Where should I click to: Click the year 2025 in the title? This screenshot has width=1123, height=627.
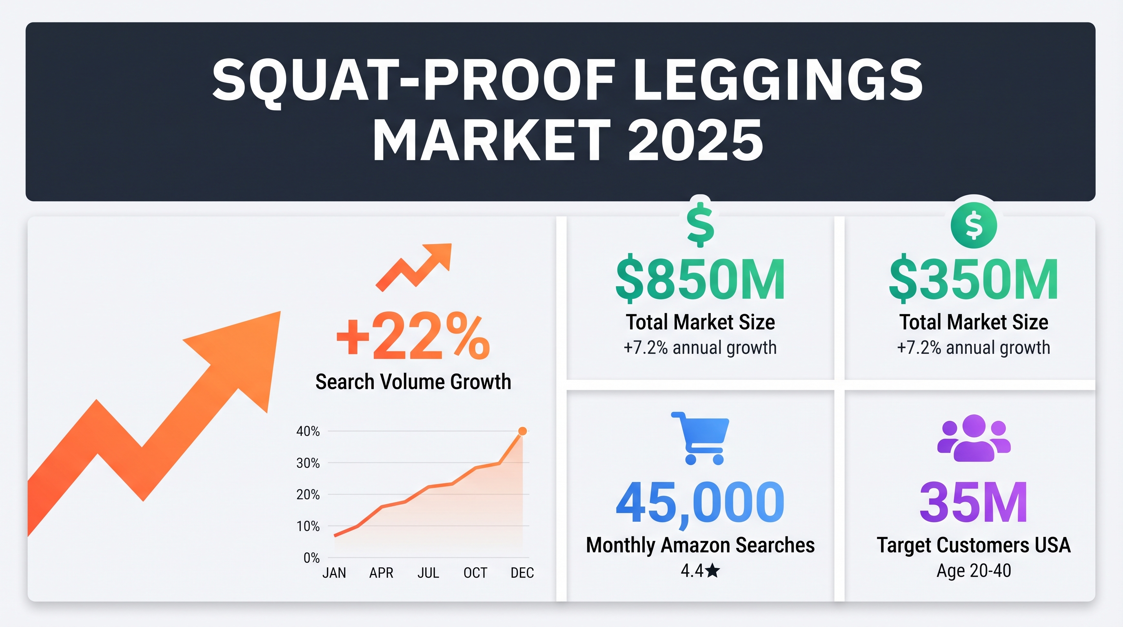coord(695,140)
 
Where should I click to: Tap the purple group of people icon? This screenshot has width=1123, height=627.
coord(974,438)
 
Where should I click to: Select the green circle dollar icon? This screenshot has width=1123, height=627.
coord(974,225)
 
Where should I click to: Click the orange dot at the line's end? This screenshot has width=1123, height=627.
coord(522,431)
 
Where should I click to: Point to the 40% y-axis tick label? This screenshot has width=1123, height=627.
coord(308,431)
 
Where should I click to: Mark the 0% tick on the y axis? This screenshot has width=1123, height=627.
coord(311,558)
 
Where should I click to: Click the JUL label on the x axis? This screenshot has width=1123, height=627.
coord(428,572)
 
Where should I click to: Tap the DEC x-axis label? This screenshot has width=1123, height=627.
coord(522,572)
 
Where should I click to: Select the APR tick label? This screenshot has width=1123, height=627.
coord(381,572)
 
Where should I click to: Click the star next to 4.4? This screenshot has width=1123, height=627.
coord(712,570)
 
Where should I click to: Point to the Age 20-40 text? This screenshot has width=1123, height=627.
coord(974,570)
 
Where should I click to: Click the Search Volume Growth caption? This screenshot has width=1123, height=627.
coord(413,382)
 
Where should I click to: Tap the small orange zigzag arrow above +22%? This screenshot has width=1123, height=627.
coord(413,267)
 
